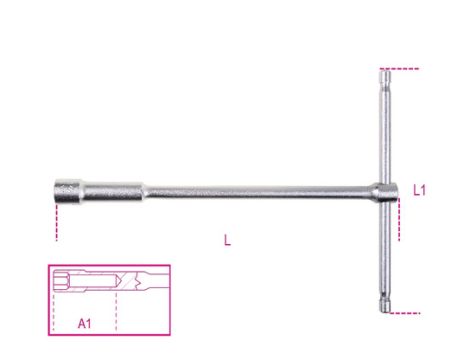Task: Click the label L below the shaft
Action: tap(228, 240)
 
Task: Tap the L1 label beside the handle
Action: tap(421, 188)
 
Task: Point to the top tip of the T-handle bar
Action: tap(385, 74)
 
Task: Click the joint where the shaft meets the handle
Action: tap(385, 190)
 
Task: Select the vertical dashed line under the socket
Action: tap(58, 222)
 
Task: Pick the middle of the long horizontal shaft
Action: tap(250, 190)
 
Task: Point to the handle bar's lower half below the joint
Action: tap(386, 250)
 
